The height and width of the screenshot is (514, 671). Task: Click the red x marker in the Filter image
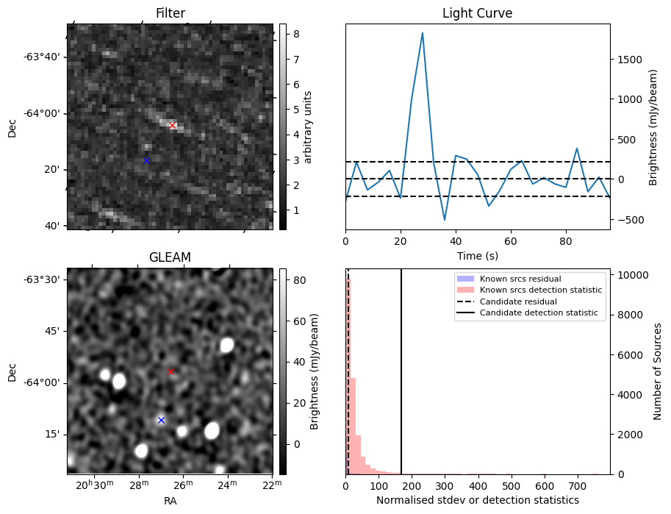[173, 126]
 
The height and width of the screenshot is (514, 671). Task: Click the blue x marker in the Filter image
[146, 160]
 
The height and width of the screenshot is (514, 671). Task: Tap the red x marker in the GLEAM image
[171, 371]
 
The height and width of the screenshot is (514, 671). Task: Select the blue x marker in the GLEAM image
[161, 420]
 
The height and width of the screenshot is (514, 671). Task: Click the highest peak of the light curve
[423, 33]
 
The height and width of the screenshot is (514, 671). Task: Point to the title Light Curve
[477, 13]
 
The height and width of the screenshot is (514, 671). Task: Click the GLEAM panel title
[170, 257]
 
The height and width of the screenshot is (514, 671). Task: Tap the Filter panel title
[170, 13]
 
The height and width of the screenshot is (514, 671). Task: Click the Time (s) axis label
[477, 254]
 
